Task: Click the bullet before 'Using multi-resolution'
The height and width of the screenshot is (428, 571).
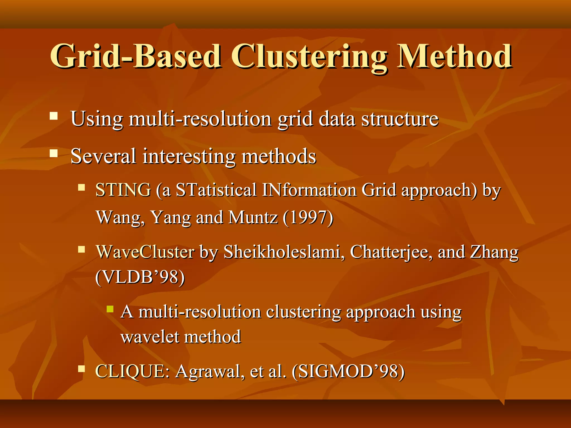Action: (x=54, y=116)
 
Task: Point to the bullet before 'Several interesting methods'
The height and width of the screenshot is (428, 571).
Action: (x=54, y=154)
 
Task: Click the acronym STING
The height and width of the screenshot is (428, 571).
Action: (x=123, y=190)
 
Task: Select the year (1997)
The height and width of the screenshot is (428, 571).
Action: (x=308, y=217)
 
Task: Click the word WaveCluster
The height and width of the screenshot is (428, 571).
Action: (x=145, y=252)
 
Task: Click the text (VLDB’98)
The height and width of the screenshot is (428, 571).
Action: (x=140, y=277)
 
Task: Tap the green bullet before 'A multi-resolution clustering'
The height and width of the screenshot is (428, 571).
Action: (x=110, y=309)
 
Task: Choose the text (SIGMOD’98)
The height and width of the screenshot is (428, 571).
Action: (x=348, y=371)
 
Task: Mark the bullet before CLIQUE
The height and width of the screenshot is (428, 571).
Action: (x=81, y=369)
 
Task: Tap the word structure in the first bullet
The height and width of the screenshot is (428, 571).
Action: (x=400, y=119)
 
